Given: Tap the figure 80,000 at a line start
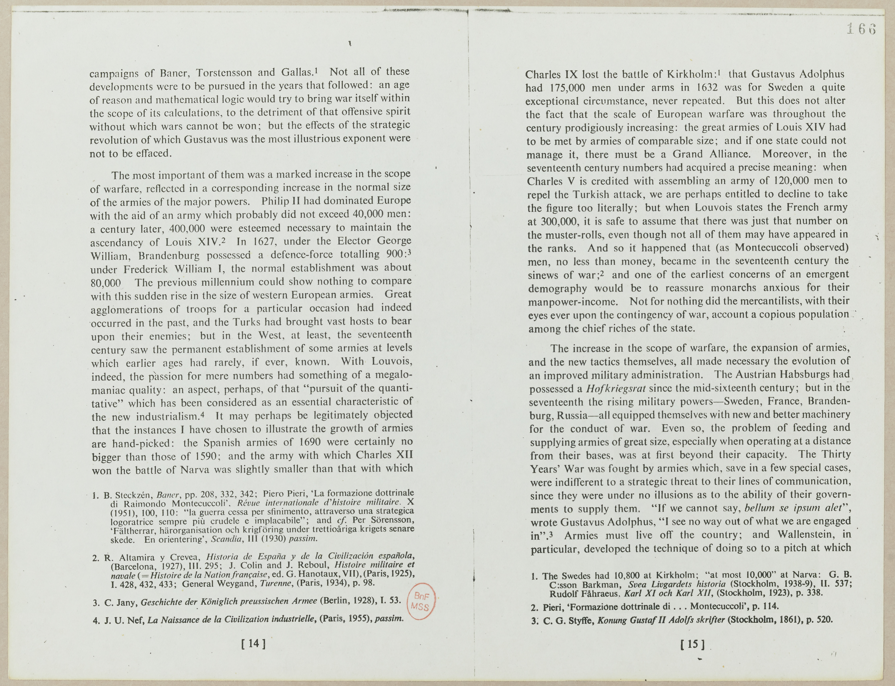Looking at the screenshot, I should pyautogui.click(x=106, y=283).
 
